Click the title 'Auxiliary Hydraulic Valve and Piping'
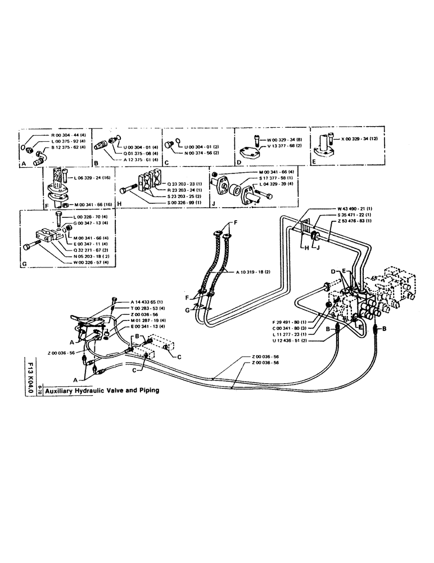[102, 390]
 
